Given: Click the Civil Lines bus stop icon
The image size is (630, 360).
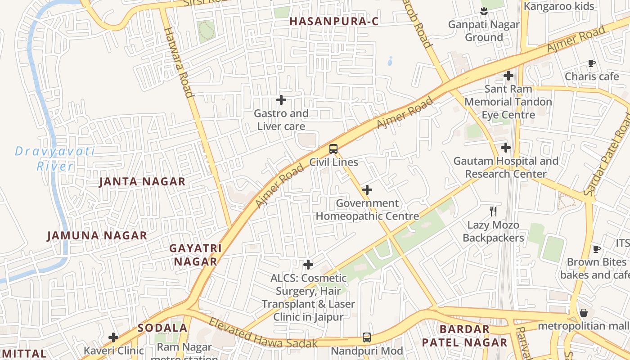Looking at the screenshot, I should tap(333, 149).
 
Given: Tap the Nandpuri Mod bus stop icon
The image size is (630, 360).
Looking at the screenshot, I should tap(367, 337).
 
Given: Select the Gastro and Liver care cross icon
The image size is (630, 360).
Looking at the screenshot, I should tap(281, 99).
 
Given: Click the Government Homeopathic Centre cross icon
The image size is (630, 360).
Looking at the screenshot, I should tap(367, 190).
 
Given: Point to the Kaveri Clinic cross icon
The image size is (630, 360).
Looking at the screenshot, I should tap(113, 337).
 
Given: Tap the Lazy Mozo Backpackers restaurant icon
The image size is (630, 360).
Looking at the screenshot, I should tap(493, 211).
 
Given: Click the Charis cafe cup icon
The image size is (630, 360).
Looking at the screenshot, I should tap(592, 63).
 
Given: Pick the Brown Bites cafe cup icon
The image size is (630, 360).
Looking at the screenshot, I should tap(597, 249).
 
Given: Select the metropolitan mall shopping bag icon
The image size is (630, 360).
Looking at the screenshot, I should tap(584, 312).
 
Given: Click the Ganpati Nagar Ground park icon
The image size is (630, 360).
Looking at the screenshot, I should tap(484, 10).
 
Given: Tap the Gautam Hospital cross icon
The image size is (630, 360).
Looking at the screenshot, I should tap(506, 147).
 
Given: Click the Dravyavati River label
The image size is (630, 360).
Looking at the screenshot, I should tap(55, 158).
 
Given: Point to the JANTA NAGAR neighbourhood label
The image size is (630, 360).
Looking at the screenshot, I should tap(142, 182).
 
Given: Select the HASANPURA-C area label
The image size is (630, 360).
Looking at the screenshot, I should tap(333, 21).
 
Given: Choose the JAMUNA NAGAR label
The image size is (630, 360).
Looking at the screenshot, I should tap(97, 235).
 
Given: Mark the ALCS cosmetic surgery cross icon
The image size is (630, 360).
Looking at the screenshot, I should tap(308, 265).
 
